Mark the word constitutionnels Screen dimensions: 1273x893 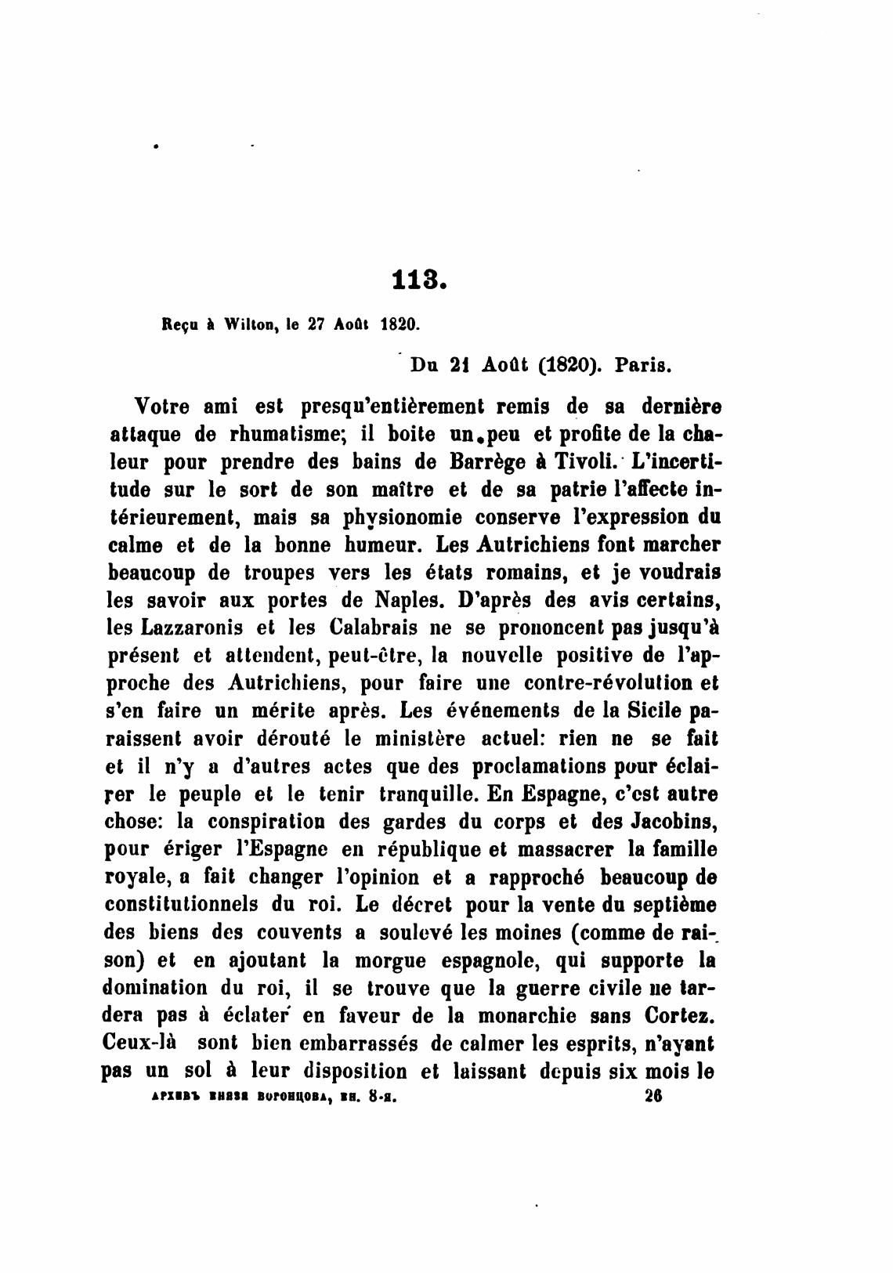pyautogui.click(x=182, y=905)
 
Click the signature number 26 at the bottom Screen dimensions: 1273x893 pyautogui.click(x=653, y=1098)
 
